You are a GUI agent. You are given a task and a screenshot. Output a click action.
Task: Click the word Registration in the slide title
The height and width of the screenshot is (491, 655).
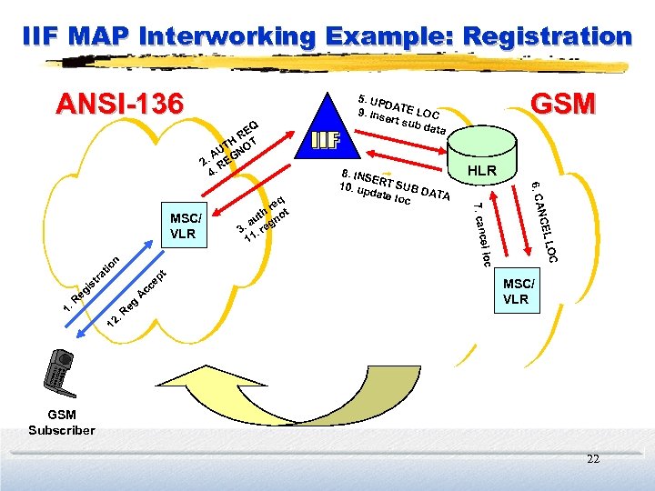coord(547,36)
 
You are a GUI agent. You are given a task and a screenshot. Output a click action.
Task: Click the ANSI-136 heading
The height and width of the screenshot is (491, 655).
coord(119,104)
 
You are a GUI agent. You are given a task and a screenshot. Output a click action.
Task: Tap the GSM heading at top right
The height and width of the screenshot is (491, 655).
coord(562,103)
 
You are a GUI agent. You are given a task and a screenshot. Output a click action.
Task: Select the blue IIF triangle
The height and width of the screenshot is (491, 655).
coord(325,134)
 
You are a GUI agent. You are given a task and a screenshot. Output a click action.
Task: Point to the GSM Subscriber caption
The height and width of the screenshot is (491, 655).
coord(61,422)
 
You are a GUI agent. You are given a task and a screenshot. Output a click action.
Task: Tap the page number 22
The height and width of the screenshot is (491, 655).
coord(593,459)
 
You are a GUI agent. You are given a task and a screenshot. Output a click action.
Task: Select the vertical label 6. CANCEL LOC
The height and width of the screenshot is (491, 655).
coord(545,223)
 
